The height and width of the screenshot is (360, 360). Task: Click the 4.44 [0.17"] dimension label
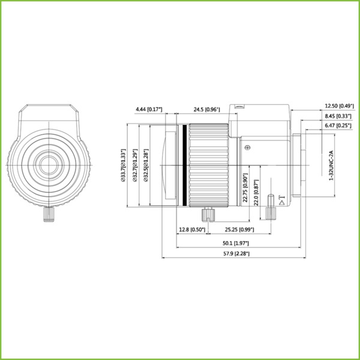149,110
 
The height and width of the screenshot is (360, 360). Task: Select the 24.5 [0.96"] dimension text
206,110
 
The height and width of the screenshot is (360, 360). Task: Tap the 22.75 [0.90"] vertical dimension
245,188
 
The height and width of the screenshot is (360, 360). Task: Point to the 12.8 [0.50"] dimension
192,229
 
